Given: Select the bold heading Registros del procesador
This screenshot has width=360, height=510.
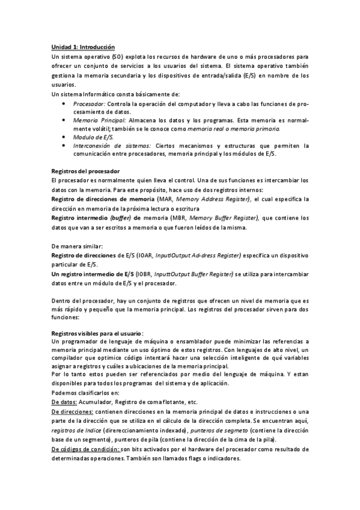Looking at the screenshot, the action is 85,171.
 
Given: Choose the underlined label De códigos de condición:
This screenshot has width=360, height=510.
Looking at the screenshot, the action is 85,449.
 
